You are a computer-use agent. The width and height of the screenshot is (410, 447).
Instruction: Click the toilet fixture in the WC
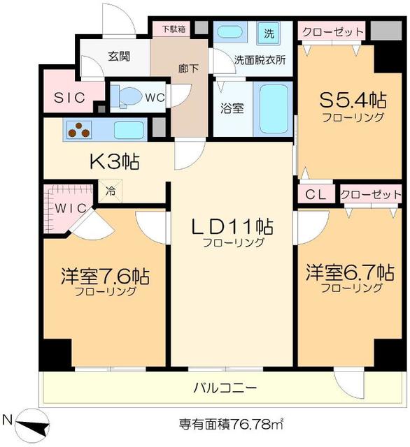pos(127,97)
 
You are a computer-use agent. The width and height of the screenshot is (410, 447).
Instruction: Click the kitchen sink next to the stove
pos(129,130)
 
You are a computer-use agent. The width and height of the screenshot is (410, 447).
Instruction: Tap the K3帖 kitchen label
pos(114,162)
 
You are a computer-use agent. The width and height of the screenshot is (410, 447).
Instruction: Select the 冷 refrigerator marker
pos(111,189)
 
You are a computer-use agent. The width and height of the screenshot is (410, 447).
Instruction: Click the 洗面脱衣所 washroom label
pos(260,61)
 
